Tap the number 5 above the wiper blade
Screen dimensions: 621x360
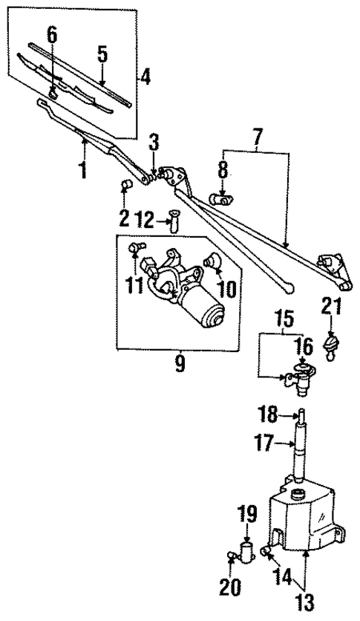(102, 53)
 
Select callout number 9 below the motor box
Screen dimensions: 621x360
(179, 363)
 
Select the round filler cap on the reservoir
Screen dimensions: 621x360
(299, 494)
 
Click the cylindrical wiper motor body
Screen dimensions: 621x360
(208, 316)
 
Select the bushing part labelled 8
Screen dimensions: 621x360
(220, 198)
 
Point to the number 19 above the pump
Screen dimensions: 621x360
(246, 513)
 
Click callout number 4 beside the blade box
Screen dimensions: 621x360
(145, 76)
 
